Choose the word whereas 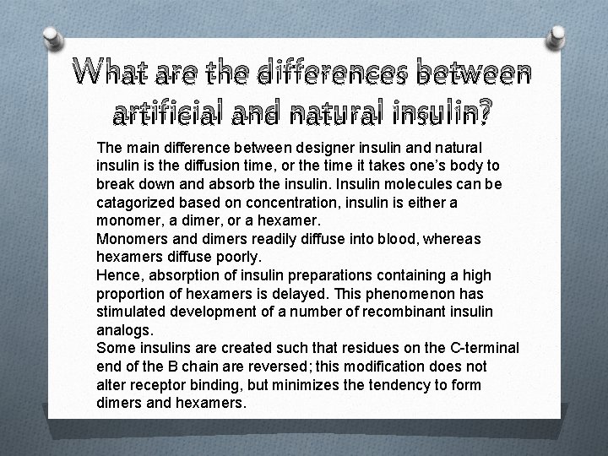pos(449,239)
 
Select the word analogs pos(123,329)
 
